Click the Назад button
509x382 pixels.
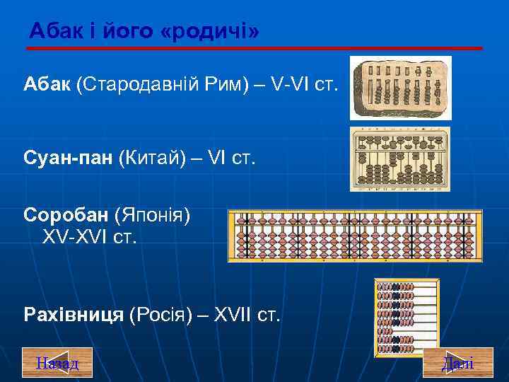coord(57,364)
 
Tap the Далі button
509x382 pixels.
coord(457,364)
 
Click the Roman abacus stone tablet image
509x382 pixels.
coord(401,88)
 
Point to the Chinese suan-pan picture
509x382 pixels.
coord(400,159)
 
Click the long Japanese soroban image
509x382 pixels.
coord(355,236)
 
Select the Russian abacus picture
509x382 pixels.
coord(407,317)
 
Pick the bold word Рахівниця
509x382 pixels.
coord(74,313)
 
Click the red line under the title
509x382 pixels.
coord(255,48)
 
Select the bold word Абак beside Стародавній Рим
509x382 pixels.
coord(47,86)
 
